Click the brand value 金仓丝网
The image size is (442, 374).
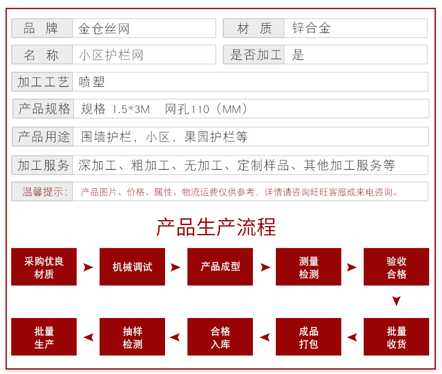coord(104,29)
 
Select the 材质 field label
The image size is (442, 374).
coord(254,28)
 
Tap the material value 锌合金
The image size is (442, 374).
coord(311,28)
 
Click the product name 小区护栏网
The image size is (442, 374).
coord(111,55)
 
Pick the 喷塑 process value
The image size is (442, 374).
coord(92,82)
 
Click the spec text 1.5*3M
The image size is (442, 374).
coord(131,109)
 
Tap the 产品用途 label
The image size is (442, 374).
coord(44,137)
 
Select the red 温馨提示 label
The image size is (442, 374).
coord(45,192)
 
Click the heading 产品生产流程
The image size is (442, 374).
coord(216,227)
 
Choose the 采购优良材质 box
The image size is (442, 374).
coord(44,267)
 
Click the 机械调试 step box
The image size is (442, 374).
coord(132,267)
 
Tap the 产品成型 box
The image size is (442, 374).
coord(220,267)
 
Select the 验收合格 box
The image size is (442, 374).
coord(396,267)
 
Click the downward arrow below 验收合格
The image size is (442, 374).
coord(396,301)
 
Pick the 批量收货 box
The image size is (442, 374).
coord(396,337)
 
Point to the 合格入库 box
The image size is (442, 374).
coord(220,337)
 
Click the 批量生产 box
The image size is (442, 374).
coord(44,337)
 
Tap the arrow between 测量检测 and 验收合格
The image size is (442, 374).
coord(351,267)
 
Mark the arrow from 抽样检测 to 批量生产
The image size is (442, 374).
coord(88,337)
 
